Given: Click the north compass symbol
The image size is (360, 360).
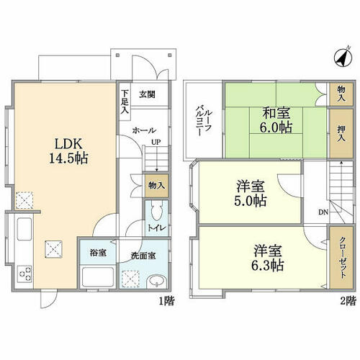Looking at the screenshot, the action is coord(343,58).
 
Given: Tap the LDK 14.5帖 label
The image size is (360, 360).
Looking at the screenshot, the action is coord(68,151).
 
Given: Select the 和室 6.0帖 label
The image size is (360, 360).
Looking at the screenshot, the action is coord(276,120).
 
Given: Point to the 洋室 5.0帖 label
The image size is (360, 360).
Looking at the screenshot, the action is coord(251,194).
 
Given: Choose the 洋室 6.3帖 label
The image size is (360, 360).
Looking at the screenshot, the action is coord(268,258).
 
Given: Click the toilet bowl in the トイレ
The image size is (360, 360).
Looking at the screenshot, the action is coord(157,211).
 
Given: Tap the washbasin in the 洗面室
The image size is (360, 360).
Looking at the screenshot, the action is coord(156,282).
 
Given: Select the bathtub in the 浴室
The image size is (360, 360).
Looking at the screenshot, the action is coord(98,276).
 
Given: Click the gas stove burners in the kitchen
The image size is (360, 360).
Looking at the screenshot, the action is coord(25,274).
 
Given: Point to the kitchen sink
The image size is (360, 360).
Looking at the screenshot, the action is coord(24,229).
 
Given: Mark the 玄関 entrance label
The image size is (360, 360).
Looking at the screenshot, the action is coord(147,94).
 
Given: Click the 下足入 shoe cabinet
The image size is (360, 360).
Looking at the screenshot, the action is coord(125,102).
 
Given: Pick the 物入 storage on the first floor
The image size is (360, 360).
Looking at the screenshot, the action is coord(156,186).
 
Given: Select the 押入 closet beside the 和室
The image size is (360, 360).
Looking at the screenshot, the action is coord(341,133).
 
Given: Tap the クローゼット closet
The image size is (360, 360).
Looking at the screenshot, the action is coord(341,257).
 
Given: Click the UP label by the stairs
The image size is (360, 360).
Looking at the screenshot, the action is coord(156,142).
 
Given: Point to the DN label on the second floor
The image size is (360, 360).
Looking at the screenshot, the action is coord(323,212).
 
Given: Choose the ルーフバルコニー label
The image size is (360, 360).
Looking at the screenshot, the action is coord(204,120).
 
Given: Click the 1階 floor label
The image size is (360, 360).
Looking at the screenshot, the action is coord(167,301).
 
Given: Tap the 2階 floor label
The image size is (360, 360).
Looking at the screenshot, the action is coord(348,301).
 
